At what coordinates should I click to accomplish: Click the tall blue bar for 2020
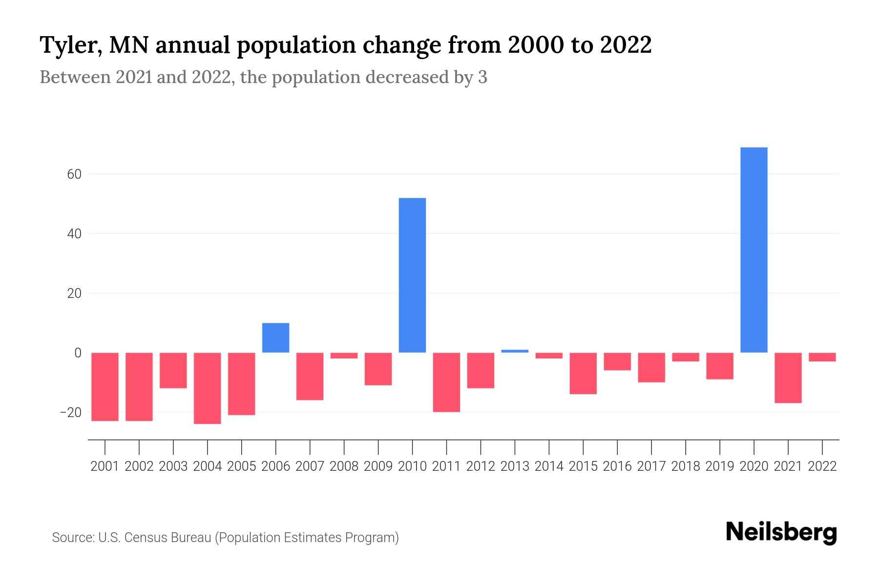pos(754,250)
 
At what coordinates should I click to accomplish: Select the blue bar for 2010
pos(412,275)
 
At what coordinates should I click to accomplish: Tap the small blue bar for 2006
pos(276,338)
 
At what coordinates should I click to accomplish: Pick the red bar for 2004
pos(208,388)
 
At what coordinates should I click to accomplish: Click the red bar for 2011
pos(446,382)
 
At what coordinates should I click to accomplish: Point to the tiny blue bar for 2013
pos(515,351)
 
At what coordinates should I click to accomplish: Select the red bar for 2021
pos(788,377)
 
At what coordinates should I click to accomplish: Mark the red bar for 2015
pos(583,373)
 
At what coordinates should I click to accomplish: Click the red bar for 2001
pos(105,387)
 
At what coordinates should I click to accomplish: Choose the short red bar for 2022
pos(822,357)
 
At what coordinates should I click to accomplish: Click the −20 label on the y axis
pos(71,413)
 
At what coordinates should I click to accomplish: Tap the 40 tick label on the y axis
pos(74,234)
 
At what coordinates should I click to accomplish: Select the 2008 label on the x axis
pos(344,466)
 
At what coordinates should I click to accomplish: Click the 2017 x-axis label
pos(651,466)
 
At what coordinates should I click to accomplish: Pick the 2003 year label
pos(173,466)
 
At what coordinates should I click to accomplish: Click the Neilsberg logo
pos(781,532)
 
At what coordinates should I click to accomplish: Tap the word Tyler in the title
pos(70,45)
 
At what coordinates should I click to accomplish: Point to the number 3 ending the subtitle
pos(482,78)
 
